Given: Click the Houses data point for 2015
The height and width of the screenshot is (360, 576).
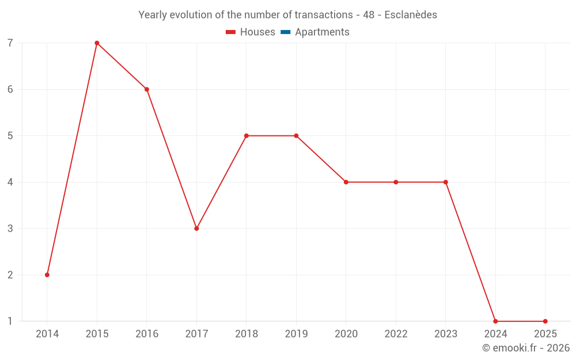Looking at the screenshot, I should coord(97,43).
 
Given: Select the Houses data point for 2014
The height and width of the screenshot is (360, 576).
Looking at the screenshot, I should coord(47,275).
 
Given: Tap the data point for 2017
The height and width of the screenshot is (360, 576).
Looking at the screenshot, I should coord(196,229).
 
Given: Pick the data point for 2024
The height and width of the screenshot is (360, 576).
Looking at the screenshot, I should coord(495,321).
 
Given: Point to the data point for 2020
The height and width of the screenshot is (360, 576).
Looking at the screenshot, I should coord(346,182).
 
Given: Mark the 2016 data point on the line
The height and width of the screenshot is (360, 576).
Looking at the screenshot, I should coord(147,89).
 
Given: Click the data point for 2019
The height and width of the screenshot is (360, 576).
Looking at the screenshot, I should coord(296,136).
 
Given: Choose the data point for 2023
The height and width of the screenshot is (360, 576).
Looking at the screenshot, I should coord(446,182).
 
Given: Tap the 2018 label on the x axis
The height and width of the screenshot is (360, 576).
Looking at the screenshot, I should coord(247,334).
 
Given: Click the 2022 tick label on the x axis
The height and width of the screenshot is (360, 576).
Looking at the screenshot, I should coord(396,334).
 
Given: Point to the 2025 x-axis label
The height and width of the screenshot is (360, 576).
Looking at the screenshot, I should coord(545,334).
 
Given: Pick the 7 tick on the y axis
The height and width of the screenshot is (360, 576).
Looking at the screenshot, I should coord(10,43).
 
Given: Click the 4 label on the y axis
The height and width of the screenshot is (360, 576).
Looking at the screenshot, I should coord(10,182).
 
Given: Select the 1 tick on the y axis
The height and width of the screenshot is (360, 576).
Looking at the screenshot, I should coord(10,321).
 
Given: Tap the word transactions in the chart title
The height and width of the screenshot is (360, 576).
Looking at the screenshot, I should coord(323,15).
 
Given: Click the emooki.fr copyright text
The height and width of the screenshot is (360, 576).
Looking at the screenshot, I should coord(526,348).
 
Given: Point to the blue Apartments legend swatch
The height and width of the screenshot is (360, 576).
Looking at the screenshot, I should coord(286,32).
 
